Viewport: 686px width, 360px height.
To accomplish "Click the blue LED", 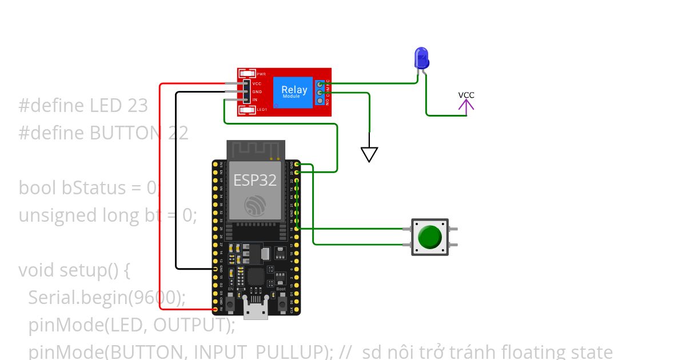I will click(x=421, y=58).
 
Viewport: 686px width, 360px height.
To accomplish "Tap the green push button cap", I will click(x=429, y=237).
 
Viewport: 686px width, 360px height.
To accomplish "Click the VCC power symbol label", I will click(x=466, y=95).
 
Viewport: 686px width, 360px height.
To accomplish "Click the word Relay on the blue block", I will click(x=294, y=90).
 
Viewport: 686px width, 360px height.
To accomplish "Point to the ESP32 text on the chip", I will click(x=255, y=181).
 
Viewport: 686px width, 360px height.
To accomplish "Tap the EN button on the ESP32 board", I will click(x=230, y=305).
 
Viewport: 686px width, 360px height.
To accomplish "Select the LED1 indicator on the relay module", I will click(x=248, y=110).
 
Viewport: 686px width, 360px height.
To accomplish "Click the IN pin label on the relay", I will click(x=255, y=99).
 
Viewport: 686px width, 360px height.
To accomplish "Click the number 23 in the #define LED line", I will click(x=138, y=106).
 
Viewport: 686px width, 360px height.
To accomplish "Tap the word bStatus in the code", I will click(x=109, y=188).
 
